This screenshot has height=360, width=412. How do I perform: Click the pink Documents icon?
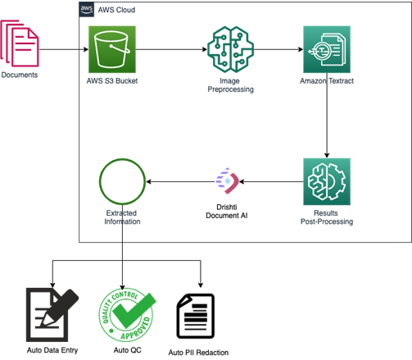point(20,45)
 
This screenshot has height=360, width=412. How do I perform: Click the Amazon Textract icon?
point(326,51)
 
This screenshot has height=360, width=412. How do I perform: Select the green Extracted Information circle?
point(121,181)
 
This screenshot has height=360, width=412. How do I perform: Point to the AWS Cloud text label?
point(117,10)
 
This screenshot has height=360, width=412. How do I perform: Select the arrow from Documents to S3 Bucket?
point(62,51)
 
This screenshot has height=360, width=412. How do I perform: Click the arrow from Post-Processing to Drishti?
point(270,181)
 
